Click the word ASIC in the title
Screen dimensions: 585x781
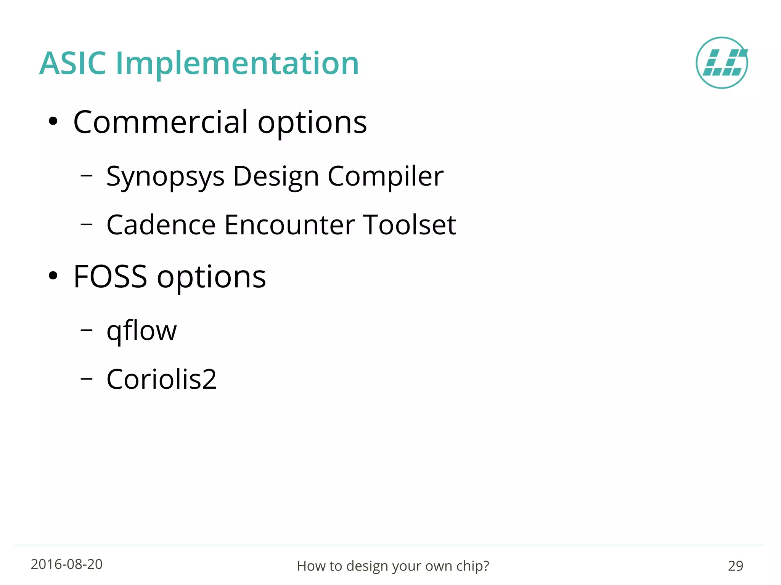[x=72, y=63]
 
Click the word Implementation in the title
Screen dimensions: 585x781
[x=237, y=64]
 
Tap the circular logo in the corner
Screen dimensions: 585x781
[x=722, y=63]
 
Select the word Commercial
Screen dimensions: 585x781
[x=161, y=122]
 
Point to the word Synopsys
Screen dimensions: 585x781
[x=165, y=177]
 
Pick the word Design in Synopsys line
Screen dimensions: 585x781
[x=276, y=177]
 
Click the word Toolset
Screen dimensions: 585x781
[x=409, y=225]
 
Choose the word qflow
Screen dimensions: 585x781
[x=141, y=331]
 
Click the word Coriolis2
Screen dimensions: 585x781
[x=161, y=379]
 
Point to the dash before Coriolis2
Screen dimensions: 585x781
[x=87, y=378]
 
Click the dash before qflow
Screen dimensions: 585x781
[x=87, y=330]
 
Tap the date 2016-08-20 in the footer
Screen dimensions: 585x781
[x=67, y=564]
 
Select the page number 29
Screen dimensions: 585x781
[x=735, y=566]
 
